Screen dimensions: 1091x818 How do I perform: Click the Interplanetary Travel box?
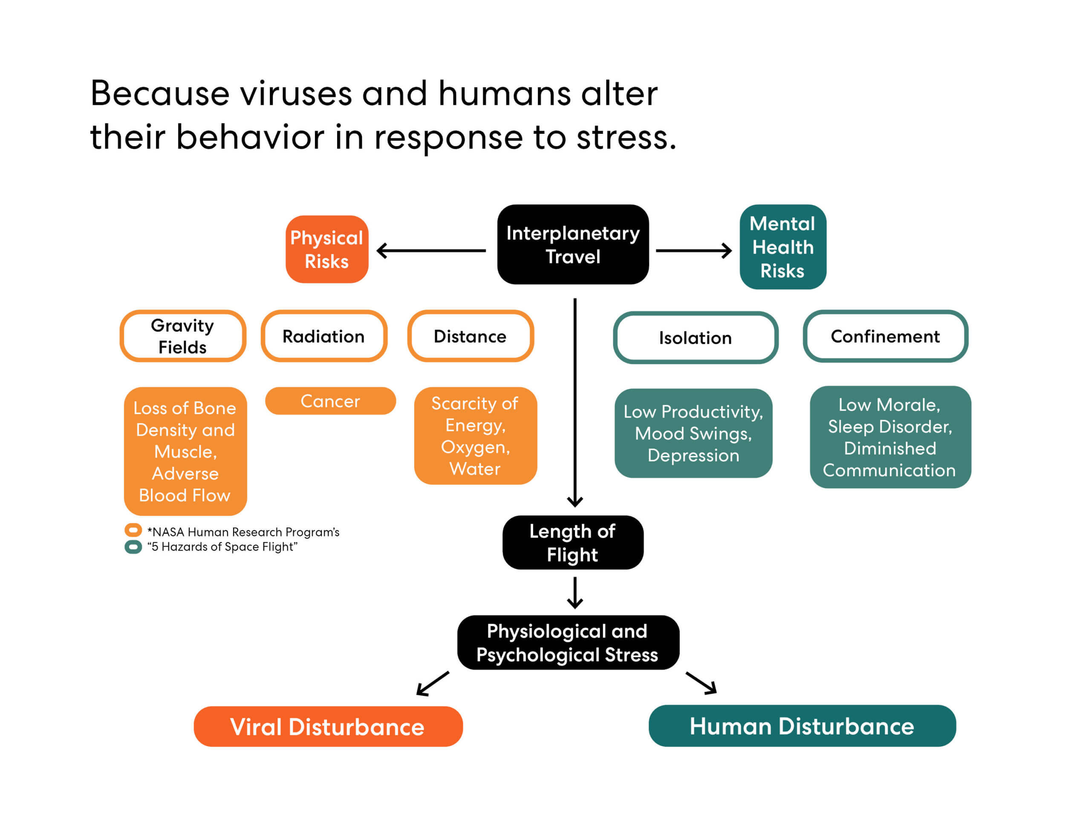click(x=573, y=245)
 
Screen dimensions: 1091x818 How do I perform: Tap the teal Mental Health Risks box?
click(x=783, y=247)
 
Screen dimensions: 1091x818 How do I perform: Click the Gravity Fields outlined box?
click(x=183, y=336)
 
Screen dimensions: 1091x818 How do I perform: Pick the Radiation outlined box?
click(x=324, y=336)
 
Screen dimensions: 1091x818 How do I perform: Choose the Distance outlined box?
click(x=470, y=336)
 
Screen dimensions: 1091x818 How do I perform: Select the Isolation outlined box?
click(x=696, y=338)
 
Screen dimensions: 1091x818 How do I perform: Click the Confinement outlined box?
click(x=885, y=336)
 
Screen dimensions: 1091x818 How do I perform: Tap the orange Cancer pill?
click(x=330, y=401)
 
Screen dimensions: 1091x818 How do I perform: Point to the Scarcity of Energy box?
click(x=476, y=436)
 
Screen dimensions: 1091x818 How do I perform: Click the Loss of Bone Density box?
click(x=185, y=451)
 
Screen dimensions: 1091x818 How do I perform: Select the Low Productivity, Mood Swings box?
click(x=693, y=433)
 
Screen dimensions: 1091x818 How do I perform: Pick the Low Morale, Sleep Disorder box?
click(x=890, y=437)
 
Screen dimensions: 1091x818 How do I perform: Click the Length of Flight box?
click(x=573, y=542)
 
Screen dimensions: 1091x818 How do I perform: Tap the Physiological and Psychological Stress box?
click(x=568, y=642)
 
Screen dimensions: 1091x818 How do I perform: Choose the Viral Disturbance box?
click(x=328, y=726)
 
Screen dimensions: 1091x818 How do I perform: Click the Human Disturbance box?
click(x=802, y=726)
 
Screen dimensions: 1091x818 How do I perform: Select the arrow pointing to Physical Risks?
click(x=431, y=251)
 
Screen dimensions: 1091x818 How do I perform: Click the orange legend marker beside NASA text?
click(x=133, y=530)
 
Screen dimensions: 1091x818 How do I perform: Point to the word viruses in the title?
click(x=296, y=93)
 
